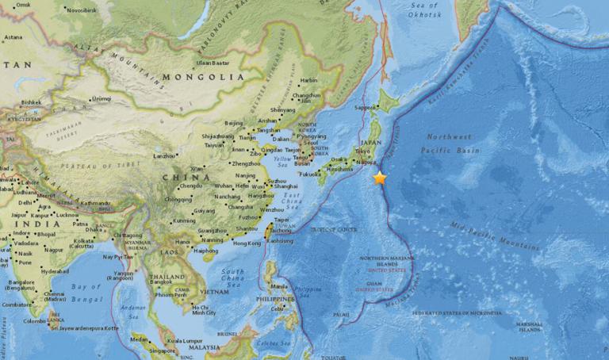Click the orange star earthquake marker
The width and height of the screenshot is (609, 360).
coord(380,178)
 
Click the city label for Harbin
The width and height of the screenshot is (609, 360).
coord(308,80)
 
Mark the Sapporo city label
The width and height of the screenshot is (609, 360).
coord(365,107)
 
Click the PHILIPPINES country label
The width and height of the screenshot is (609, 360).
coord(272,299)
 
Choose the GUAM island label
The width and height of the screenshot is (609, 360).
coord(370,284)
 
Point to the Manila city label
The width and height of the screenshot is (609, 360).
coord(278,286)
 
